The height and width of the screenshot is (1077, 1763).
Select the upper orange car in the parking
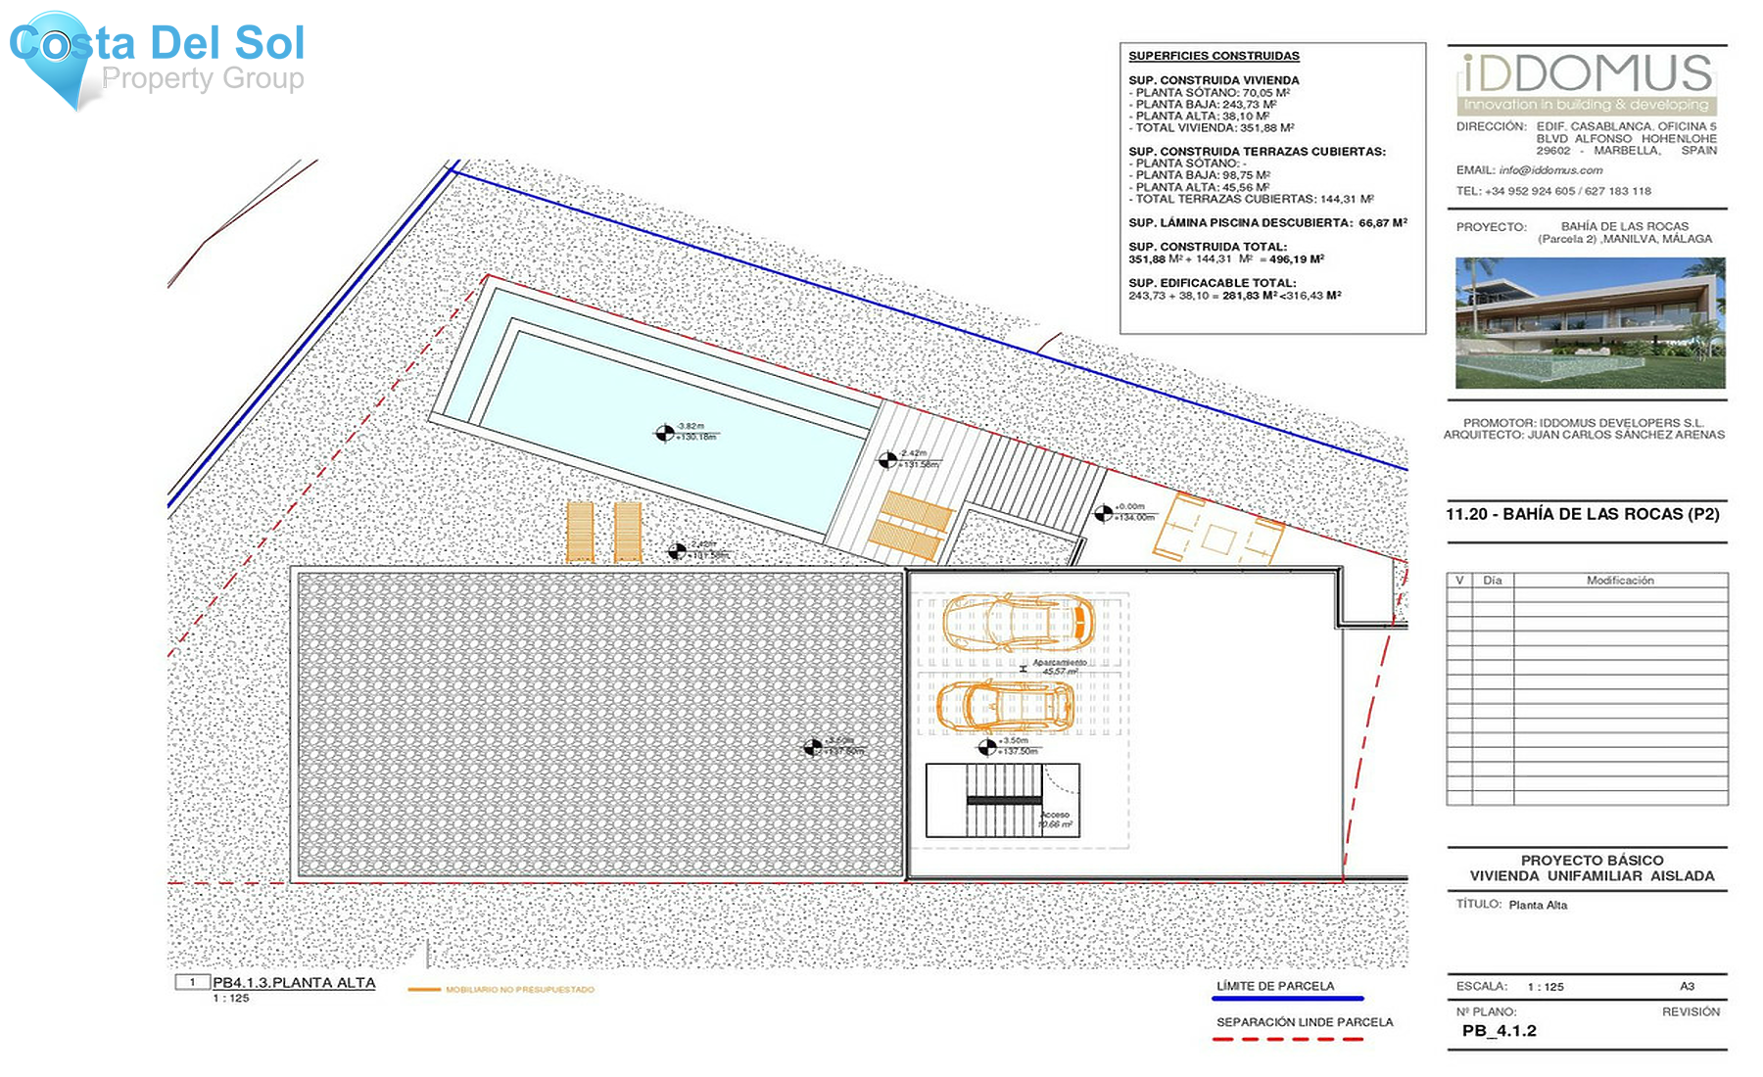[1019, 623]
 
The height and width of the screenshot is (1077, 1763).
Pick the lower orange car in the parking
[1005, 706]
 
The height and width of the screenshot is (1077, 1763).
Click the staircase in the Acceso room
[1003, 800]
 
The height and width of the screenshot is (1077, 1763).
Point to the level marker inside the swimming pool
[665, 432]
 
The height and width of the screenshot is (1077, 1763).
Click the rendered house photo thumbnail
[1590, 323]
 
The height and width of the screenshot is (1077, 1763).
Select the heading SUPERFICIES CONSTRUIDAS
[1214, 57]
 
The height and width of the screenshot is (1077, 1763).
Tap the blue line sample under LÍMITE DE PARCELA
[1287, 999]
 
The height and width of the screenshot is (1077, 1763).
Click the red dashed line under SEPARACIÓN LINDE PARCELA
[1287, 1039]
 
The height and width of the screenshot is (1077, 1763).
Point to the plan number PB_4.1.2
[1499, 1031]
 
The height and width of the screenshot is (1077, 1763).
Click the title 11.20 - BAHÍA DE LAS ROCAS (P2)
[1583, 514]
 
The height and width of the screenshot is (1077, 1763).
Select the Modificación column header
[1620, 581]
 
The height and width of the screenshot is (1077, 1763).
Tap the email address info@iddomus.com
[1550, 170]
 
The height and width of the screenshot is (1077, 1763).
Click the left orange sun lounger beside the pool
[580, 533]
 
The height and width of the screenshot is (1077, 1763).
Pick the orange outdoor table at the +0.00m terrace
[1219, 538]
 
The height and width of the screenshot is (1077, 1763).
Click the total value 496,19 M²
[1297, 259]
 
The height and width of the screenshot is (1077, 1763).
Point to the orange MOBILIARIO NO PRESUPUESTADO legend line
[424, 990]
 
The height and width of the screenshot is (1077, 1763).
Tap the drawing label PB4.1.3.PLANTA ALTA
[294, 983]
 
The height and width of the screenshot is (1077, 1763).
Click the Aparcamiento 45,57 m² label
[1059, 667]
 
